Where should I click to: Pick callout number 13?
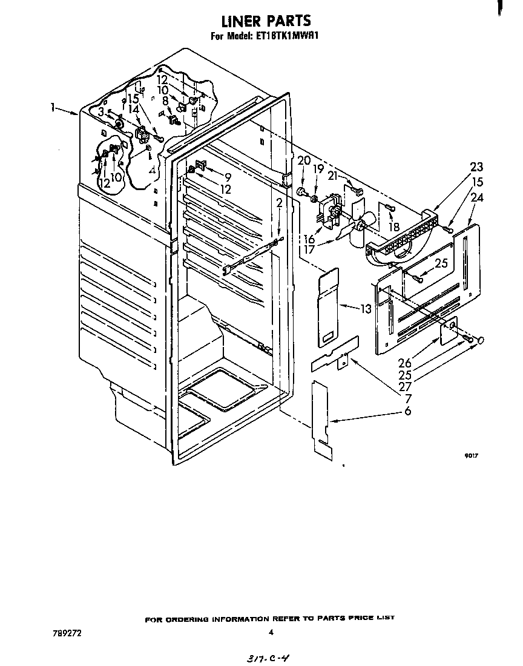pos(365,309)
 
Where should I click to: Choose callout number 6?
pos(407,411)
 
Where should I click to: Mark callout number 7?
pos(407,398)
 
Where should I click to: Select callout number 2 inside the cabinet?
pos(279,203)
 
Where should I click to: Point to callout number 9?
pos(228,177)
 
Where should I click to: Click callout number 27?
pos(405,386)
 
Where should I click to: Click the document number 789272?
pos(67,633)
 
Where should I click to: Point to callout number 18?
pos(394,228)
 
